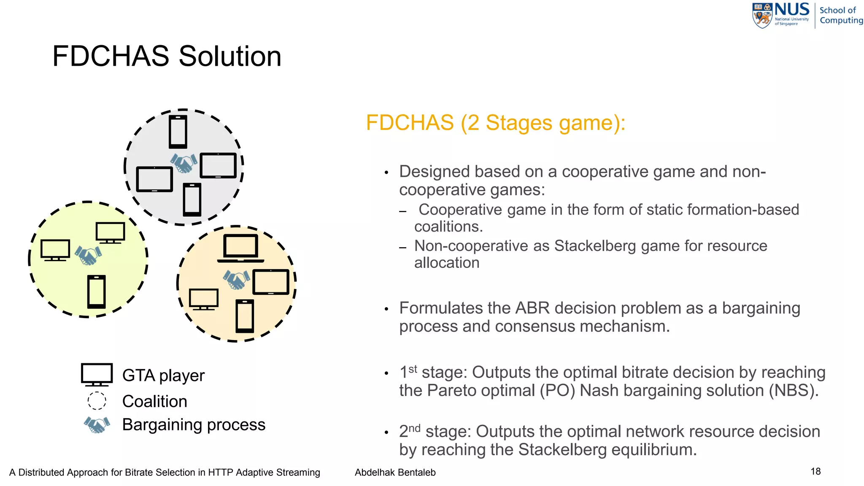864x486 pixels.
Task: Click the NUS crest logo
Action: pyautogui.click(x=762, y=16)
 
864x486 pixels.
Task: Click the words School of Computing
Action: pyautogui.click(x=840, y=15)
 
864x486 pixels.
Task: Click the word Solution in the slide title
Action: pyautogui.click(x=230, y=56)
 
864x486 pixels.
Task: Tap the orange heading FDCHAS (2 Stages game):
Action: pyautogui.click(x=495, y=123)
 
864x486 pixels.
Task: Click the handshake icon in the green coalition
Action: pyautogui.click(x=88, y=255)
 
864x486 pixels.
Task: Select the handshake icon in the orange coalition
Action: pyautogui.click(x=236, y=280)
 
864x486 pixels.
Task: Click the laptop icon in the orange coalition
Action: pyautogui.click(x=240, y=248)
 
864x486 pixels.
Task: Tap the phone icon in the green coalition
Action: pyautogui.click(x=97, y=292)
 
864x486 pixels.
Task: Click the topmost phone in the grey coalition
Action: pyautogui.click(x=178, y=132)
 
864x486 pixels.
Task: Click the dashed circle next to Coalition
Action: pyautogui.click(x=97, y=401)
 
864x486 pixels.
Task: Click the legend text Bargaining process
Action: pyautogui.click(x=194, y=424)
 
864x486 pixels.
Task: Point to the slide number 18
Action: pyautogui.click(x=815, y=471)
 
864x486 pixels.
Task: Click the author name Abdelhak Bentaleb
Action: pyautogui.click(x=395, y=472)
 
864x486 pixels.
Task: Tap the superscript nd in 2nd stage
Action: pyautogui.click(x=414, y=428)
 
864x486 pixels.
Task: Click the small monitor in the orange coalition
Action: pyautogui.click(x=204, y=299)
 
